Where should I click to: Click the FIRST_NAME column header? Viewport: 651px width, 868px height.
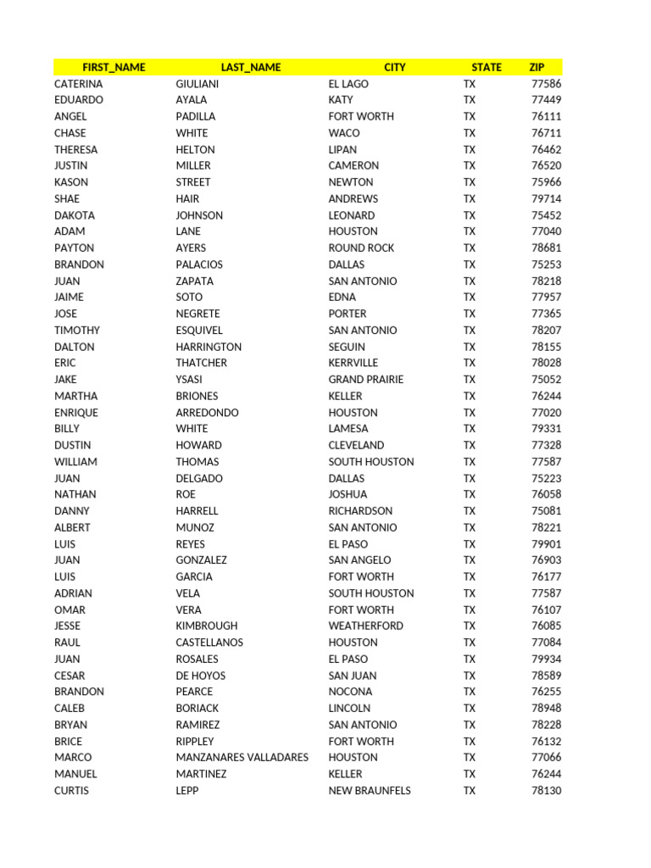pyautogui.click(x=114, y=67)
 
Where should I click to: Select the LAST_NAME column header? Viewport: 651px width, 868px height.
pyautogui.click(x=250, y=67)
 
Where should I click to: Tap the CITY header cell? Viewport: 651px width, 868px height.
pyautogui.click(x=394, y=67)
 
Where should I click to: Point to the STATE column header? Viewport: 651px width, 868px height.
pyautogui.click(x=487, y=67)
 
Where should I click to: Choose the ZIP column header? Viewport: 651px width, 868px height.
pyautogui.click(x=537, y=67)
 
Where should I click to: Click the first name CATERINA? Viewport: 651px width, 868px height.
pyautogui.click(x=78, y=84)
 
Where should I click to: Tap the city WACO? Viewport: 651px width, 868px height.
pyautogui.click(x=344, y=133)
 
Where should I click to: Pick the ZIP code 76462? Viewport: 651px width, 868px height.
pyautogui.click(x=546, y=149)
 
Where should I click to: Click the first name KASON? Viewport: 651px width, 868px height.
pyautogui.click(x=71, y=182)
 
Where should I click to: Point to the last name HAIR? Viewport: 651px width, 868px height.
pyautogui.click(x=187, y=198)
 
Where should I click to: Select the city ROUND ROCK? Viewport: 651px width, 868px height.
pyautogui.click(x=361, y=248)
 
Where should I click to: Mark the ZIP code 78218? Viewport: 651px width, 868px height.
pyautogui.click(x=546, y=281)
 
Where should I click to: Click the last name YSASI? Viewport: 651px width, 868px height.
pyautogui.click(x=189, y=380)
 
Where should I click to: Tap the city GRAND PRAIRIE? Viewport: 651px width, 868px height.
pyautogui.click(x=366, y=380)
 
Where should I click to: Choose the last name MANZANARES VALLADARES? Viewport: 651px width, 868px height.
pyautogui.click(x=242, y=758)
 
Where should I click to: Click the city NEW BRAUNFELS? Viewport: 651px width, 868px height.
pyautogui.click(x=370, y=791)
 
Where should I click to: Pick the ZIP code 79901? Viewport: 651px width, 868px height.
pyautogui.click(x=546, y=544)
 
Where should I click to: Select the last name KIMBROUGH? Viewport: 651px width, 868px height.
pyautogui.click(x=206, y=626)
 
